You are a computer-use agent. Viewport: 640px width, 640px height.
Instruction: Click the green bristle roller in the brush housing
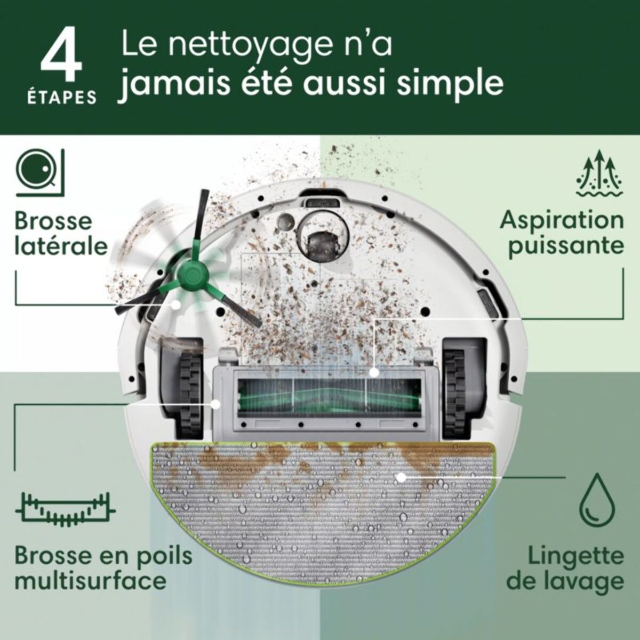tap(320, 397)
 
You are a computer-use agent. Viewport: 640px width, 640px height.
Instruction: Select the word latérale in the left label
tap(61, 246)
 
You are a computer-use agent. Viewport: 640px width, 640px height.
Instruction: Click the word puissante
tap(565, 246)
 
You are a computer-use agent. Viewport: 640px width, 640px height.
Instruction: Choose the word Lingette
tap(575, 556)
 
